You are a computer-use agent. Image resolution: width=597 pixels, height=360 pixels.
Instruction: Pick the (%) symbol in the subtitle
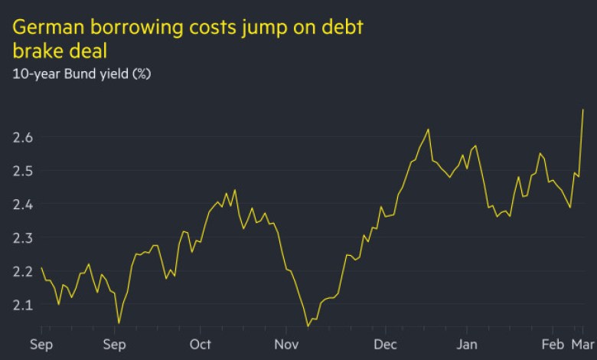[x=140, y=75]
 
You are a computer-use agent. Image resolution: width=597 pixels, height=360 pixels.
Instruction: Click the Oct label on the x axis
[x=201, y=344]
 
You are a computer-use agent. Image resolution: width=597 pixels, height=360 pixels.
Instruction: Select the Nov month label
[x=286, y=344]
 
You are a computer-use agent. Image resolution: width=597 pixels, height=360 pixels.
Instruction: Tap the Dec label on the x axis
[x=387, y=344]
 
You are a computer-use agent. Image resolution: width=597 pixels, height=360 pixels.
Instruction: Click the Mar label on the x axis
[x=583, y=344]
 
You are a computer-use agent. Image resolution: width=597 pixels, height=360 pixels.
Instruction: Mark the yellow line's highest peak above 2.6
[x=583, y=110]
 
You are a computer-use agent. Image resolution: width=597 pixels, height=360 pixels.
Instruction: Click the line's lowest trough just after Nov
[x=308, y=326]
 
